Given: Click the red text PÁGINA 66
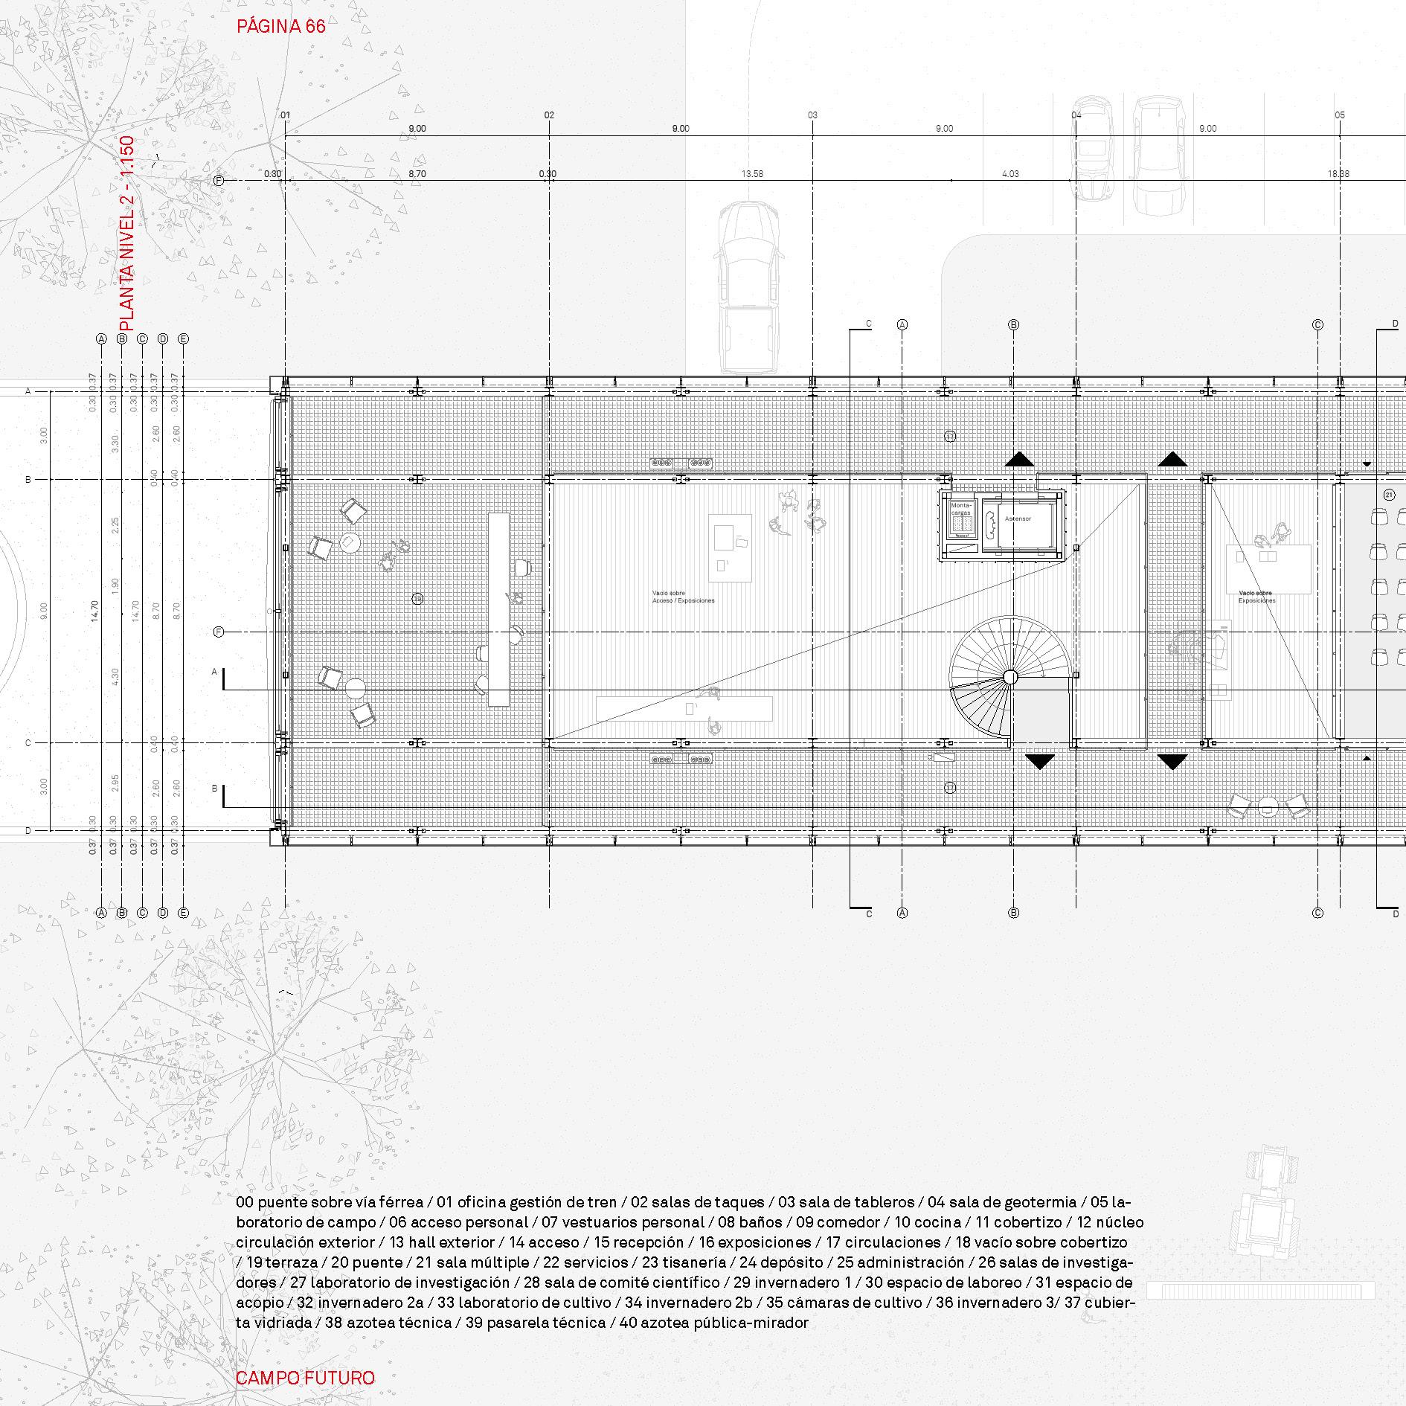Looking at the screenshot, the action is pyautogui.click(x=280, y=27).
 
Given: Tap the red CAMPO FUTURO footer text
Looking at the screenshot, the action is pyautogui.click(x=305, y=1378).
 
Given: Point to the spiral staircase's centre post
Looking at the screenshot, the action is pyautogui.click(x=1009, y=676).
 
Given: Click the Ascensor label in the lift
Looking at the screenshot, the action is pyautogui.click(x=1017, y=519).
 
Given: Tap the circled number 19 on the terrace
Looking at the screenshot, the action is pyautogui.click(x=418, y=598).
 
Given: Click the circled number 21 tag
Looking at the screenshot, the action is pyautogui.click(x=1389, y=495).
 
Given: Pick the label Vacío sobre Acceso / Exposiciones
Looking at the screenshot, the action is pyautogui.click(x=683, y=597).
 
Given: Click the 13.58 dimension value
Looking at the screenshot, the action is pyautogui.click(x=752, y=174).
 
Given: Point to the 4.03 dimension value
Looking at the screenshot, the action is pyautogui.click(x=1010, y=174).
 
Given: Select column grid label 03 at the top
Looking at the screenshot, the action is pyautogui.click(x=812, y=115).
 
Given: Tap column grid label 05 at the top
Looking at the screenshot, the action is pyautogui.click(x=1340, y=115).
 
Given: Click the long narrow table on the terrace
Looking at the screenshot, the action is pyautogui.click(x=498, y=609).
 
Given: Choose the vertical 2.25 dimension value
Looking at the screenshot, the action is pyautogui.click(x=115, y=524).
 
